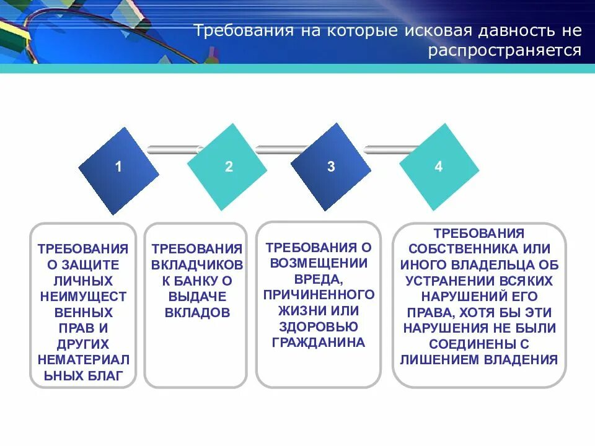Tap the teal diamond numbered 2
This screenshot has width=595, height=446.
227,167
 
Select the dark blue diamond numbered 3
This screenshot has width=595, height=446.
330,166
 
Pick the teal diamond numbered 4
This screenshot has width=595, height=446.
438,166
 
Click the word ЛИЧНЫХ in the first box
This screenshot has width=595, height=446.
83,281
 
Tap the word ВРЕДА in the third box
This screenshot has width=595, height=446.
319,278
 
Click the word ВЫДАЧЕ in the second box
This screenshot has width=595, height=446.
196,297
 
